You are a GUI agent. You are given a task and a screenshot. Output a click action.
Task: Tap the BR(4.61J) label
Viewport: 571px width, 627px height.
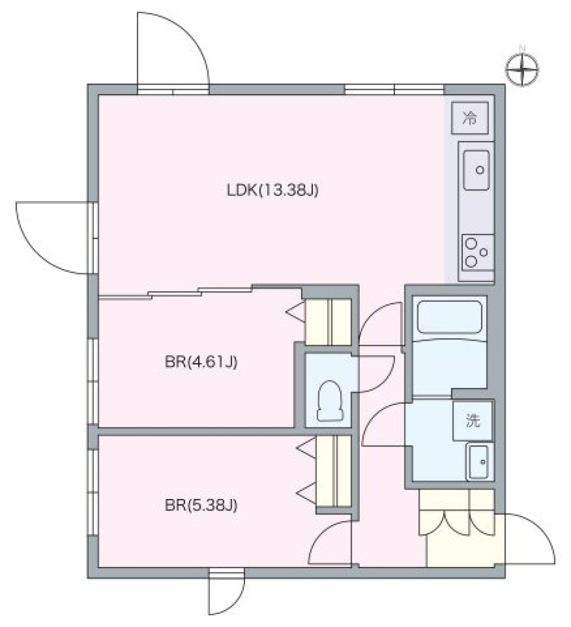coord(202,362)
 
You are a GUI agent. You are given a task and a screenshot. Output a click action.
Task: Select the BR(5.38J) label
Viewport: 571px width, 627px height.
coord(201,506)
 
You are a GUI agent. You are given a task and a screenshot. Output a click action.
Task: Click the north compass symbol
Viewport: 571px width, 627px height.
coord(523,69)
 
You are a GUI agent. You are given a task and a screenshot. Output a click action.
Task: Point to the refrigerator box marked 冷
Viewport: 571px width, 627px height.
coord(470,118)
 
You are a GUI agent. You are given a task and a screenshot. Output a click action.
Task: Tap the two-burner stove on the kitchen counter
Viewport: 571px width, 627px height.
coord(477,252)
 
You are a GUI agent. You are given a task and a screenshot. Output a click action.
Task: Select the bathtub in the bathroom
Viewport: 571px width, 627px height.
coord(450,317)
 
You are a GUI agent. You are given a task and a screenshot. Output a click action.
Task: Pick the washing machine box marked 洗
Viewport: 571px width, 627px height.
coord(473,422)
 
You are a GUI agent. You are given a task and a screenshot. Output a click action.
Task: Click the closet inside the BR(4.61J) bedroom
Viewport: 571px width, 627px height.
coord(328,322)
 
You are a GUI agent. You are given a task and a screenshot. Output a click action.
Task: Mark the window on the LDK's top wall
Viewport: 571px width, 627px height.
coord(394,89)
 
